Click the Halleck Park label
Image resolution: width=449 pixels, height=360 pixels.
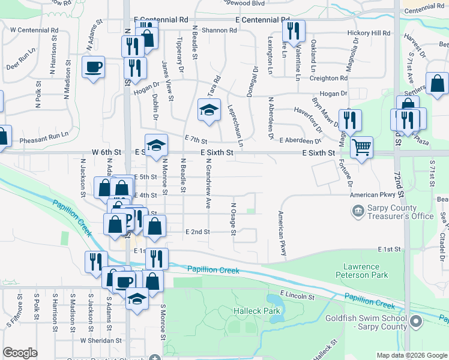257,311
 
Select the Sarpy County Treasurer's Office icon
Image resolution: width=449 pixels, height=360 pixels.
357,211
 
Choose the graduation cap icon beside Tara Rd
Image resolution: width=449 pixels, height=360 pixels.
209,109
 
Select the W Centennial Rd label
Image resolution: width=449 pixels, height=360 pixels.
34,29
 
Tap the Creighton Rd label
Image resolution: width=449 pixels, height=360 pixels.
328,79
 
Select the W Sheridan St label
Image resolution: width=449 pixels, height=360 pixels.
101,340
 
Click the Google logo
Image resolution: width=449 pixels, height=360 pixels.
20,353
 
